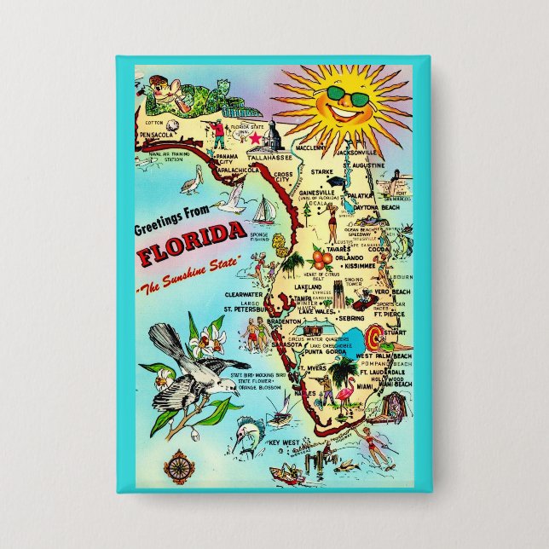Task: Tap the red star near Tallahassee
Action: (x=252, y=136)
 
